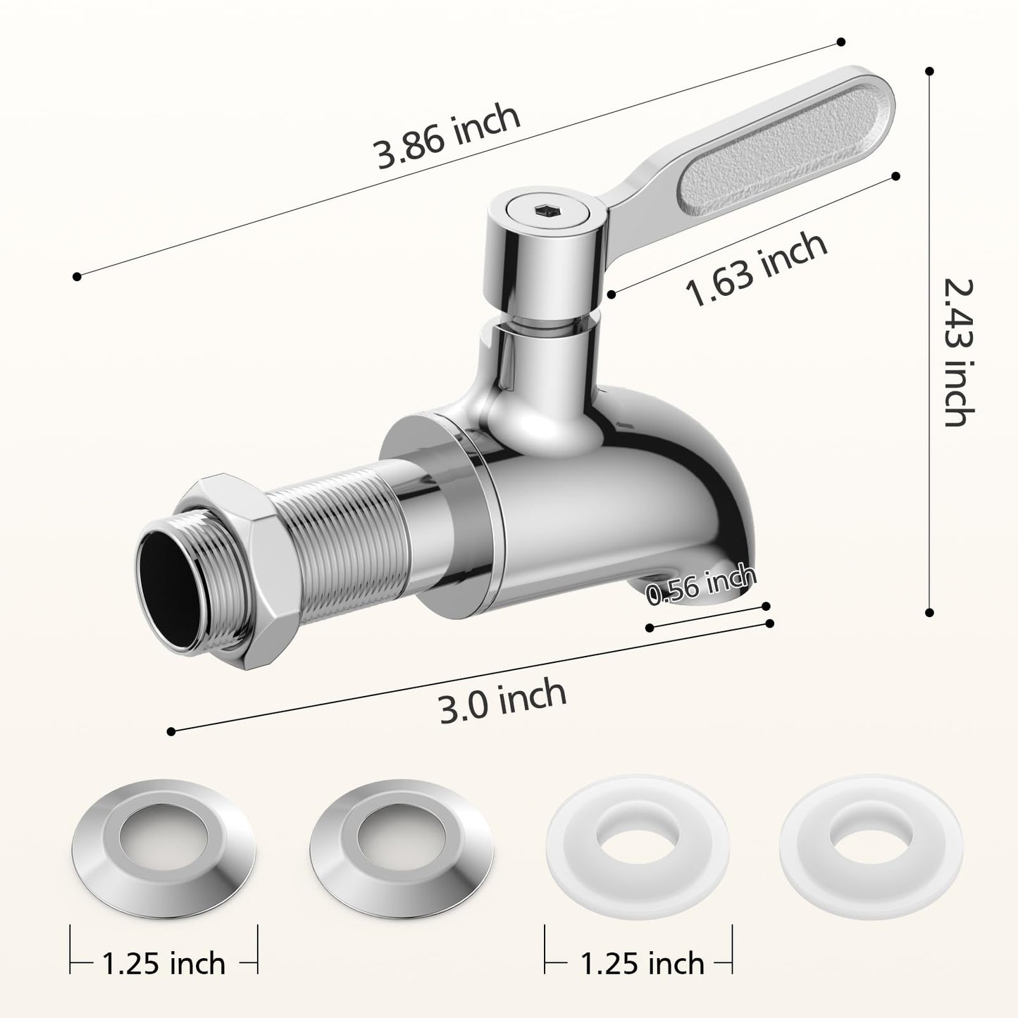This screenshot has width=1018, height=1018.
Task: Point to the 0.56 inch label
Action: pos(701,586)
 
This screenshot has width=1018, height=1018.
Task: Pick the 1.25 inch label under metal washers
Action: pos(163,962)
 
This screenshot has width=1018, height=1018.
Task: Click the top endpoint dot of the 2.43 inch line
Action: pos(929,70)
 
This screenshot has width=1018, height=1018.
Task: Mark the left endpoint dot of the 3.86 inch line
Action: pos(77,277)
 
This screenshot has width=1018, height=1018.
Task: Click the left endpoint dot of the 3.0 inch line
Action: pos(170,732)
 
